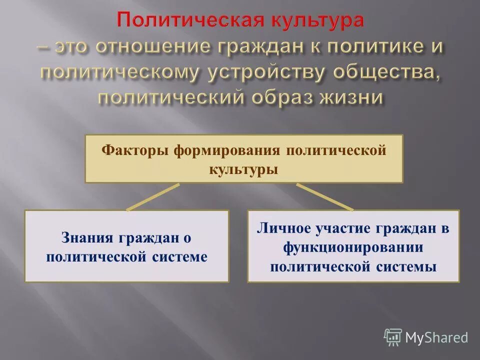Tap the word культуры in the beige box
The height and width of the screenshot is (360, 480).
pos(243,169)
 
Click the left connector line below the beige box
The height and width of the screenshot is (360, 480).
pos(153,196)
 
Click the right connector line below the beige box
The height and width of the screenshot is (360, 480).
pos(325,196)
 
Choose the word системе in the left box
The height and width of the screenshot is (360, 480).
pos(179,256)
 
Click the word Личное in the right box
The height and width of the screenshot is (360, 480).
pos(285,228)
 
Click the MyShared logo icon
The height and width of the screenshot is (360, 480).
pos(393,337)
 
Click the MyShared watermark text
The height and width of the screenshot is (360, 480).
pos(436,337)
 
